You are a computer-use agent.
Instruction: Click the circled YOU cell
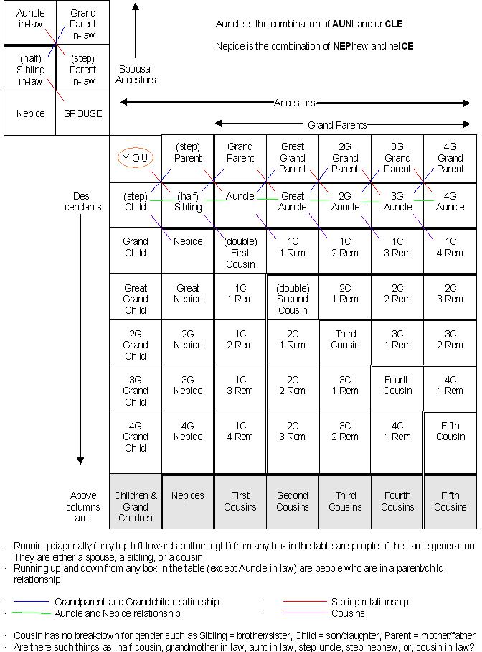point(136,158)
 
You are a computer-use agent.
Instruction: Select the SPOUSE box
point(83,113)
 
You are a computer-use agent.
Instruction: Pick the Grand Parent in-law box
point(83,24)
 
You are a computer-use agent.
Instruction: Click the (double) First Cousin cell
point(240,252)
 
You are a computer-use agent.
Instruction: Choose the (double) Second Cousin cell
point(293,298)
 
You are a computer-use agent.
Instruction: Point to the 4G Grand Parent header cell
point(450,158)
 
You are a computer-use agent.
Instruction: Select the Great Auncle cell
point(293,201)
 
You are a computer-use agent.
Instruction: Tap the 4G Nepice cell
point(188,437)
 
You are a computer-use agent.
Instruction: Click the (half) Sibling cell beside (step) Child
point(188,201)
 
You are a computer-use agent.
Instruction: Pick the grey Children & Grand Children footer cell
point(136,506)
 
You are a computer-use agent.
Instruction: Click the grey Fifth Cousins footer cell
point(450,501)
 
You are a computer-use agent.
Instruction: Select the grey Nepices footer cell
point(188,495)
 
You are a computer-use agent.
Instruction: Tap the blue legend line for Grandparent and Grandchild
point(31,602)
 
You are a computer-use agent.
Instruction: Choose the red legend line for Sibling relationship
point(305,602)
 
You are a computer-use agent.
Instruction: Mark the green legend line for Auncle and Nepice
point(31,613)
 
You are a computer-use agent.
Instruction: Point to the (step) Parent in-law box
point(83,70)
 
